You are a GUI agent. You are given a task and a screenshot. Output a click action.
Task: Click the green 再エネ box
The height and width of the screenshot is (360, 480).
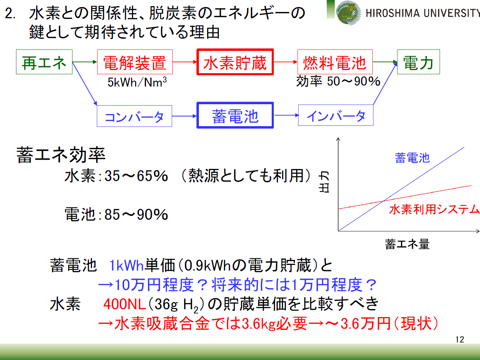click(x=44, y=62)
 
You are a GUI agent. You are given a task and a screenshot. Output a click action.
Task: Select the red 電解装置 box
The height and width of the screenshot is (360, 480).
click(x=135, y=62)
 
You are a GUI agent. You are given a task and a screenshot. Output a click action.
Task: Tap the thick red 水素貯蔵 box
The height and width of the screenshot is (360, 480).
click(x=235, y=62)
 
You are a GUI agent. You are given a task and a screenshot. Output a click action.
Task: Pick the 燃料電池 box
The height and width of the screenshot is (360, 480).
click(x=335, y=62)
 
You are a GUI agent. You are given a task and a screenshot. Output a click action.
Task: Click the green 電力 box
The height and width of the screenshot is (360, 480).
click(x=418, y=62)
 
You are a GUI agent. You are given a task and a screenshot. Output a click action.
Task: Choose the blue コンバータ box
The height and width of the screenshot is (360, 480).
click(x=134, y=116)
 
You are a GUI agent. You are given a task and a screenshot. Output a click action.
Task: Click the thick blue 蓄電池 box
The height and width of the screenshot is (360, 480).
click(x=235, y=115)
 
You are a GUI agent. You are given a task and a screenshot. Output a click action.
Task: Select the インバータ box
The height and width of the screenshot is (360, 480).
click(x=336, y=115)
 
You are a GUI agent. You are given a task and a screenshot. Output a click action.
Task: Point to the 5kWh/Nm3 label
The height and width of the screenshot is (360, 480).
click(x=137, y=82)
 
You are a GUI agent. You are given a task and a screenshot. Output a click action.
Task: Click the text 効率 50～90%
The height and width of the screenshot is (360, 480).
click(x=338, y=81)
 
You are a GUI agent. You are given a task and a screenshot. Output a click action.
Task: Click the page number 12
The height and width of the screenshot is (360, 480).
click(x=459, y=339)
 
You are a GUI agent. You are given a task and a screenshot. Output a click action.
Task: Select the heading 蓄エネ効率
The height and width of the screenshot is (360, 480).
click(x=61, y=155)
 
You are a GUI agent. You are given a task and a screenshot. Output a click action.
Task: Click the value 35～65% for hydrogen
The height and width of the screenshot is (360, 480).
click(x=136, y=176)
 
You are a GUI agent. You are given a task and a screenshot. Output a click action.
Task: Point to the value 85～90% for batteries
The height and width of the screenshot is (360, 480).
click(x=136, y=214)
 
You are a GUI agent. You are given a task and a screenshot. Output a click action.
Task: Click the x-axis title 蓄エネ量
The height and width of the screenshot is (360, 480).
click(x=407, y=244)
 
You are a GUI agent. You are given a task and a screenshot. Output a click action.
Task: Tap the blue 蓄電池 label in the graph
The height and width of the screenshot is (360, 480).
click(x=412, y=158)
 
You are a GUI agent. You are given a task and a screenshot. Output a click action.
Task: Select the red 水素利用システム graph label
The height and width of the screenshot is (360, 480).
click(x=434, y=209)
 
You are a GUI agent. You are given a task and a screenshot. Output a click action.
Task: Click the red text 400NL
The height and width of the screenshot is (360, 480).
click(x=124, y=304)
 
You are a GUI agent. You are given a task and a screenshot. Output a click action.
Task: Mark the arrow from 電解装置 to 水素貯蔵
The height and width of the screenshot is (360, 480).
click(x=185, y=62)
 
